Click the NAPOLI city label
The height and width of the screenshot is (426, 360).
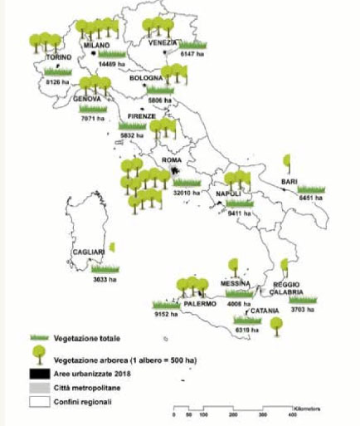(x=229, y=193)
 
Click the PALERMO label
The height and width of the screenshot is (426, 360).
(x=200, y=304)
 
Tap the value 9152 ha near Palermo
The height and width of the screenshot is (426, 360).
(x=167, y=315)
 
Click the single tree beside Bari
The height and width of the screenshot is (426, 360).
(x=288, y=160)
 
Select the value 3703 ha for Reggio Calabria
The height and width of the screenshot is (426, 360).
(x=302, y=309)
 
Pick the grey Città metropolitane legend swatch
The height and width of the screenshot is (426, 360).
(x=37, y=389)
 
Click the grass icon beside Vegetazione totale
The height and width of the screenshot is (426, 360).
(x=39, y=338)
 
